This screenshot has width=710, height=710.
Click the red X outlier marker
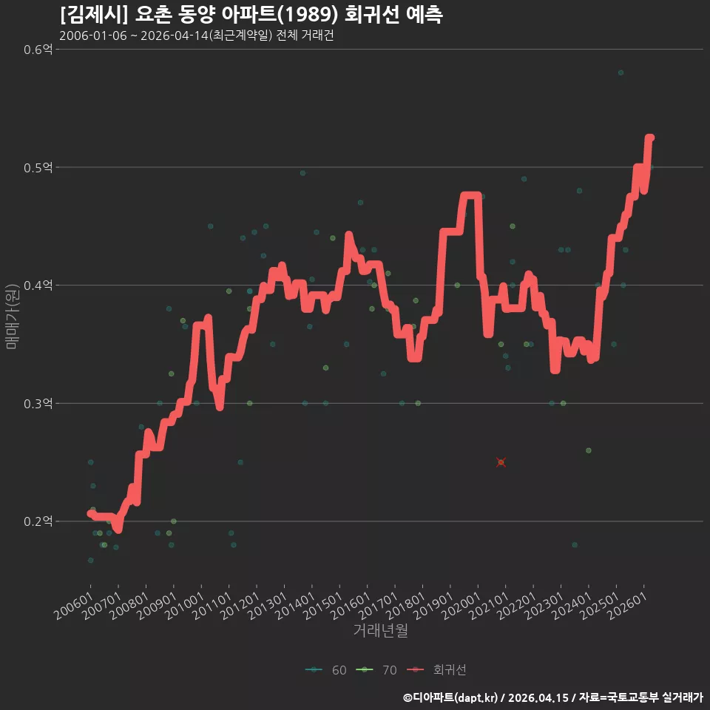(x=501, y=462)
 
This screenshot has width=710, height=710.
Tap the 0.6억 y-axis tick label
(x=38, y=50)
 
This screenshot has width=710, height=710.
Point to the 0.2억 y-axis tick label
(x=38, y=521)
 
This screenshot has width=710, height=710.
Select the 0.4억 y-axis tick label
(x=38, y=285)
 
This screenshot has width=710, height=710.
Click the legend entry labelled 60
(x=326, y=670)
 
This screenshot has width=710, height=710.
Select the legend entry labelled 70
(x=376, y=670)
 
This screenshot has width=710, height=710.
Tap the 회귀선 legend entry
(x=436, y=670)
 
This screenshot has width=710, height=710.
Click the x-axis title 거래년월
(x=380, y=630)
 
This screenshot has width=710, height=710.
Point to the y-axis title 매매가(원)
(x=11, y=317)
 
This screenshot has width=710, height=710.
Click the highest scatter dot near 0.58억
(x=621, y=73)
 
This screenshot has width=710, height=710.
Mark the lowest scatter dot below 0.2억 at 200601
(x=90, y=560)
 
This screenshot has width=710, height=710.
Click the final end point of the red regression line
(x=651, y=138)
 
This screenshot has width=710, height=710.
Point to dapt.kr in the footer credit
(x=477, y=697)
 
